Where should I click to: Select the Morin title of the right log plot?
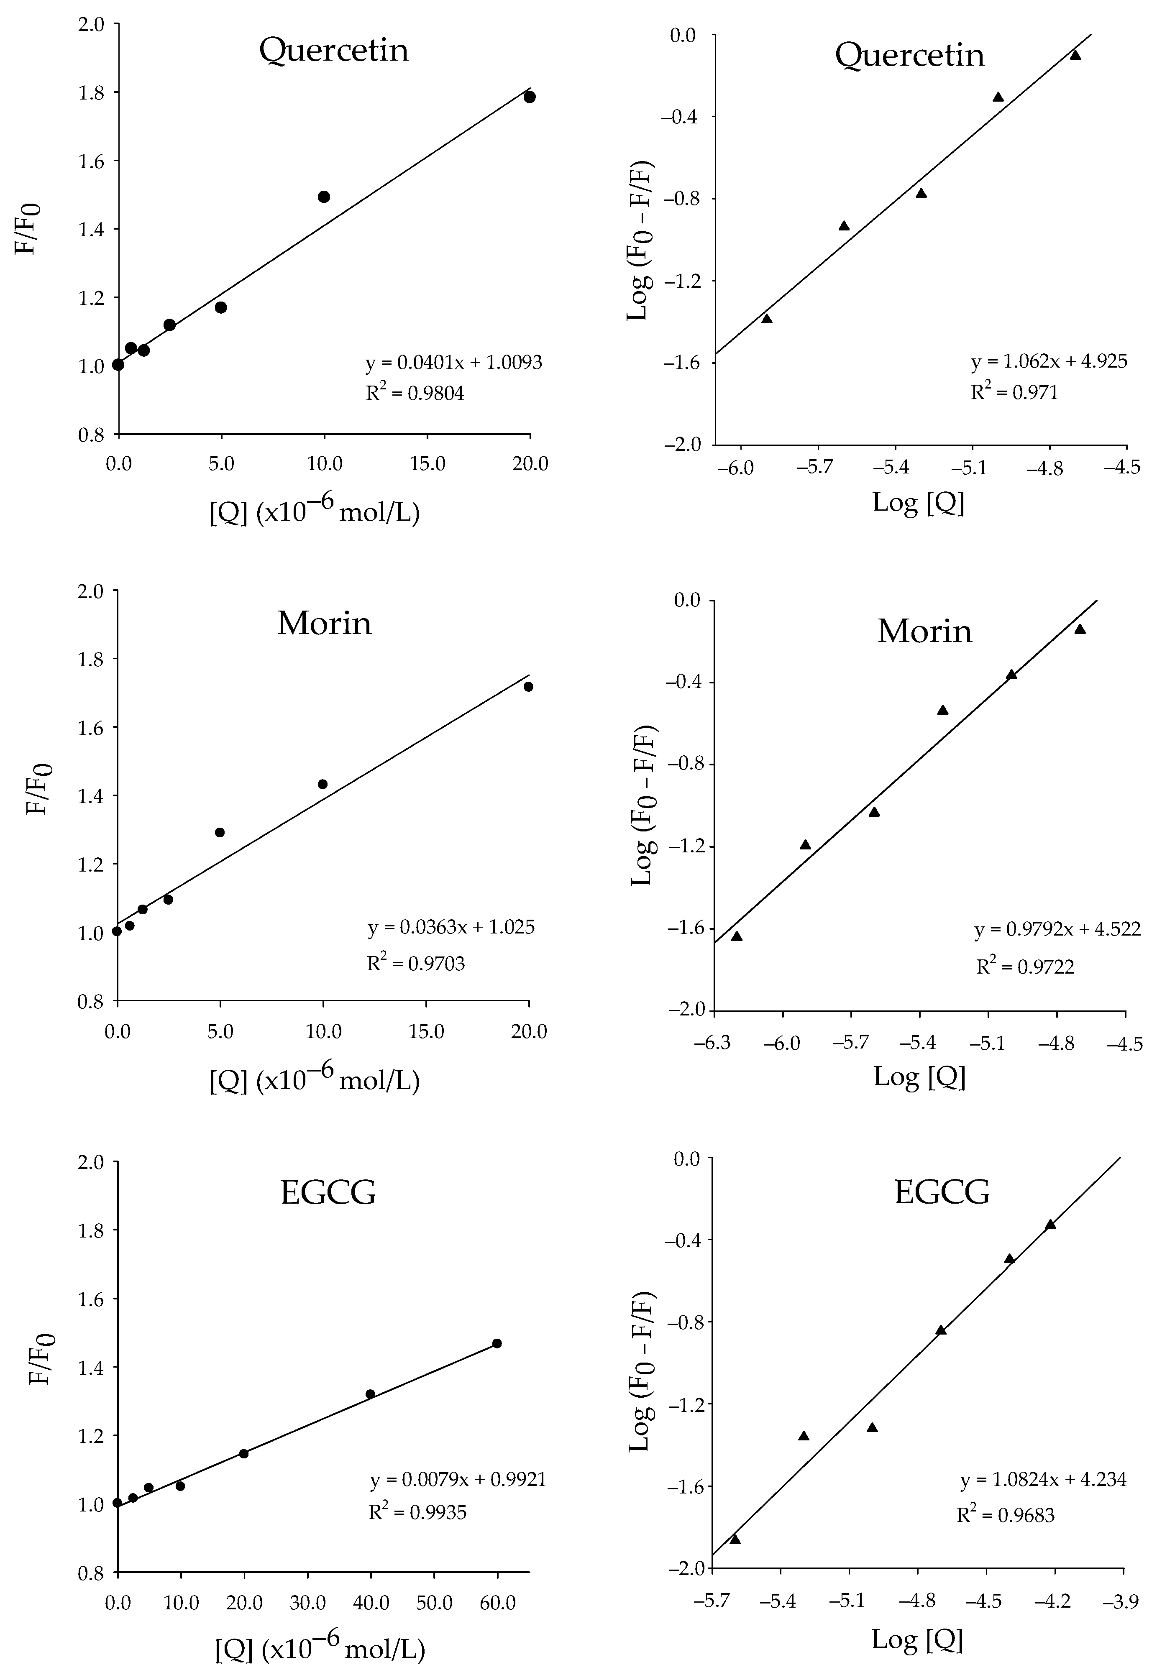(x=924, y=631)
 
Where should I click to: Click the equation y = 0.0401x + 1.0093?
(x=454, y=363)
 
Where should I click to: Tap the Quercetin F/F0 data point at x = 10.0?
(x=324, y=197)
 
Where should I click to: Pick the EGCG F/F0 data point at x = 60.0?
(x=497, y=1343)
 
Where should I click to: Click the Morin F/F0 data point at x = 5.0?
(x=220, y=832)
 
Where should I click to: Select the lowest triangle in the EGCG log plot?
(x=735, y=1539)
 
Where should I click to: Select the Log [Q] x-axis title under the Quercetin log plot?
(x=919, y=501)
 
